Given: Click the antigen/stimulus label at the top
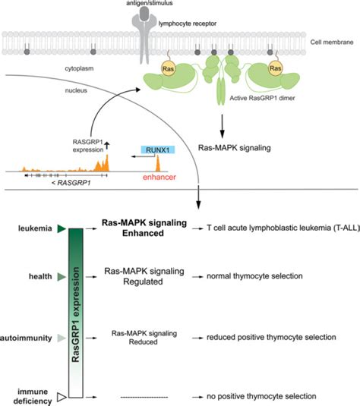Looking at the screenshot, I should [x=180, y=3].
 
